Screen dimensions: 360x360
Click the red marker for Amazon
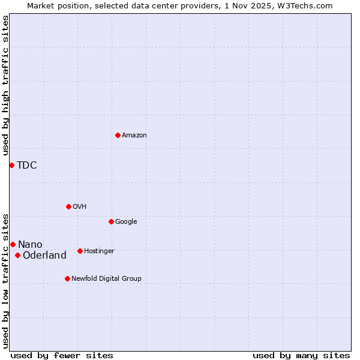[x=118, y=135]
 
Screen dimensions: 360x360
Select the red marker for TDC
[x=11, y=165]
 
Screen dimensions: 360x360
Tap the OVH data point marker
[x=68, y=206]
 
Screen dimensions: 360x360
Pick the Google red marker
[x=111, y=221]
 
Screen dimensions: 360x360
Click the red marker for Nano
[x=13, y=244]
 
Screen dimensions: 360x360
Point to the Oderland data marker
[x=17, y=255]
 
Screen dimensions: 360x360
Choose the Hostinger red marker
[x=80, y=251]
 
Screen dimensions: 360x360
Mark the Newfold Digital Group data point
[x=67, y=278]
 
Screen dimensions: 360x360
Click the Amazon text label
[x=134, y=135]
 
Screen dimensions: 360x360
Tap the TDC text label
[x=27, y=166]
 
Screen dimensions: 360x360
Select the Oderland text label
[x=44, y=256]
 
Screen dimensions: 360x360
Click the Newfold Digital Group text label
[x=106, y=278]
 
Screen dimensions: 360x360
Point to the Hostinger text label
[x=99, y=251]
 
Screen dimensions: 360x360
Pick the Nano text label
[x=30, y=244]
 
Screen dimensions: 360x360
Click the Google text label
[x=126, y=221]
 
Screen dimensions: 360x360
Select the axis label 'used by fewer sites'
[x=62, y=355]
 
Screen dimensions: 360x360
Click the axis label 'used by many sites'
[x=301, y=355]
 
